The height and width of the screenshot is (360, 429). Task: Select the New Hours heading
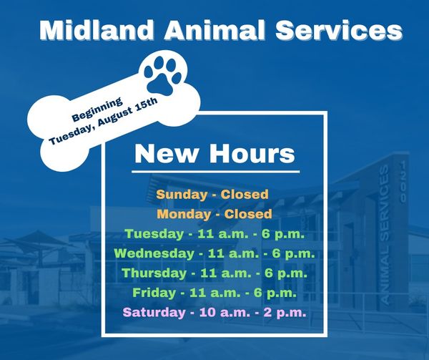(214, 153)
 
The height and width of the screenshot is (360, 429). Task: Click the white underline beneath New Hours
(214, 172)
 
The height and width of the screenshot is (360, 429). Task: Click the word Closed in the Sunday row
(245, 195)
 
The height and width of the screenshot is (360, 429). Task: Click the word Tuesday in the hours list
(154, 233)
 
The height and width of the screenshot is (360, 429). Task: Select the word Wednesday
(153, 253)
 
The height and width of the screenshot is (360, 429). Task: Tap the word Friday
(152, 292)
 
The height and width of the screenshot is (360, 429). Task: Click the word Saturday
(154, 312)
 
